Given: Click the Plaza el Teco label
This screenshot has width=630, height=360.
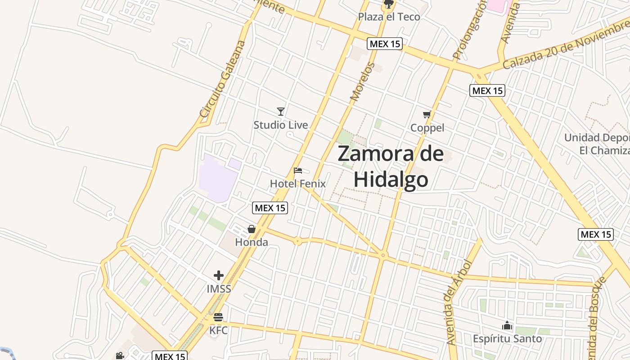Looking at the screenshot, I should pyautogui.click(x=389, y=17).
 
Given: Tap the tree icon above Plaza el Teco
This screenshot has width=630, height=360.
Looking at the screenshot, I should pyautogui.click(x=388, y=5).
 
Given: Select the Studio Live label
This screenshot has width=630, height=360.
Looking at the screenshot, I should pyautogui.click(x=281, y=125).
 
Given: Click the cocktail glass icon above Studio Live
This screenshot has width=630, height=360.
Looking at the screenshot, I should pyautogui.click(x=281, y=111).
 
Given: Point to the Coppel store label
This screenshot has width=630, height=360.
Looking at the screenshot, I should pyautogui.click(x=427, y=128).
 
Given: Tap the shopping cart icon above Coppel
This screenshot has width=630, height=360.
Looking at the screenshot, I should pyautogui.click(x=427, y=115).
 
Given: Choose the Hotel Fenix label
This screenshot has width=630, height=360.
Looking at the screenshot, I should pyautogui.click(x=297, y=184).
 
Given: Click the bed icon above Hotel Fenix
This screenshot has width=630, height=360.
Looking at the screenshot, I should pyautogui.click(x=298, y=171).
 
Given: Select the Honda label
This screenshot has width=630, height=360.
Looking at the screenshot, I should pyautogui.click(x=252, y=243).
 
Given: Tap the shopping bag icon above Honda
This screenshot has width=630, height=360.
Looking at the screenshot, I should pyautogui.click(x=252, y=229).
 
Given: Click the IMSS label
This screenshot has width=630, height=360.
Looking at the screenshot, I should pyautogui.click(x=219, y=289).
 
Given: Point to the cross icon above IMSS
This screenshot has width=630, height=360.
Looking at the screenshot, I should pyautogui.click(x=219, y=275).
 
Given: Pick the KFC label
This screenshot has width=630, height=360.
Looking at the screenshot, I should pyautogui.click(x=219, y=331).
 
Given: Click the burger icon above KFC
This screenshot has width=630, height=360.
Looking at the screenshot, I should pyautogui.click(x=219, y=317).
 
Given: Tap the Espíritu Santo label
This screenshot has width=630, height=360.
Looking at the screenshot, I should pyautogui.click(x=507, y=338).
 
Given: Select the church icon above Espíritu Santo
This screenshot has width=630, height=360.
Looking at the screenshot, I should pyautogui.click(x=507, y=325).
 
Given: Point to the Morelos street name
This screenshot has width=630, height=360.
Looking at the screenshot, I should pyautogui.click(x=362, y=81).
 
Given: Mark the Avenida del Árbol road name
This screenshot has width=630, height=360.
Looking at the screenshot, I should pyautogui.click(x=457, y=303).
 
